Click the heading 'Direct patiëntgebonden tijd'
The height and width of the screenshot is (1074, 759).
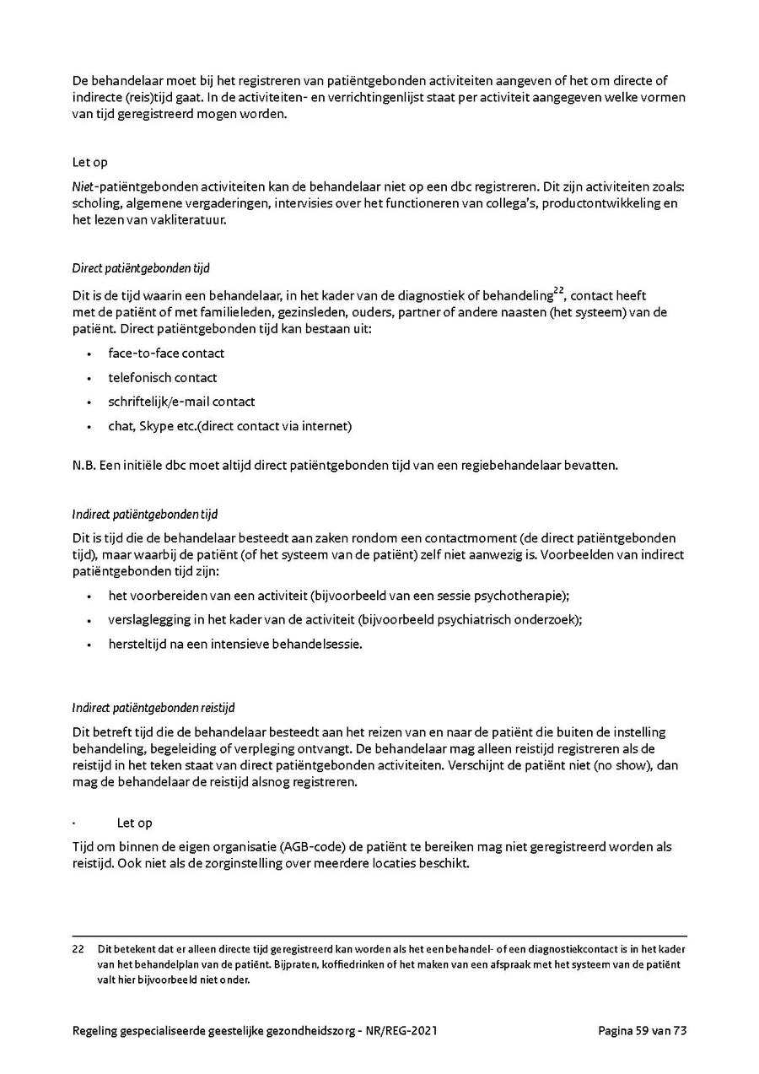tap(141, 268)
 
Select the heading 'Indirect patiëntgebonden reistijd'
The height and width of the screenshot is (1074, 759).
tap(159, 707)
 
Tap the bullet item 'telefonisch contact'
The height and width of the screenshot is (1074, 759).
tap(162, 377)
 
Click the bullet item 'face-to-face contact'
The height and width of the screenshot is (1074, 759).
tap(166, 353)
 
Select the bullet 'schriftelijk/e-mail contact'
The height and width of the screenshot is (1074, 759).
tap(181, 402)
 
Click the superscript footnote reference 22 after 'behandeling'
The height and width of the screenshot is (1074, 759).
tap(558, 289)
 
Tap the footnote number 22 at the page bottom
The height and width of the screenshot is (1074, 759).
tap(78, 949)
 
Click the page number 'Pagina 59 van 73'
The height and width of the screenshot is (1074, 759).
tap(642, 1030)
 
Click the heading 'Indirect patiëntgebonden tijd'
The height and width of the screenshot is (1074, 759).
tap(146, 514)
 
